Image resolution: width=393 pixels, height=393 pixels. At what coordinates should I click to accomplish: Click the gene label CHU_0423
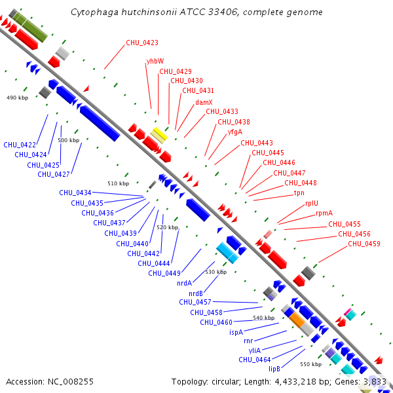click(142, 43)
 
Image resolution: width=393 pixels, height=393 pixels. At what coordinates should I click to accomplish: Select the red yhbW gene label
click(155, 61)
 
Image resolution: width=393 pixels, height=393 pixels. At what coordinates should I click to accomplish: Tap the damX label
click(204, 102)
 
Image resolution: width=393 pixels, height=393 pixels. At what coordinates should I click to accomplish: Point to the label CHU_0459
click(364, 244)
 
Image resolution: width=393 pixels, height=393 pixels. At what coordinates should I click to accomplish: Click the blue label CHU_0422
click(20, 145)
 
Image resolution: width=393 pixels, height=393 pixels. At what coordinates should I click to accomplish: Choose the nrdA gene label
click(184, 283)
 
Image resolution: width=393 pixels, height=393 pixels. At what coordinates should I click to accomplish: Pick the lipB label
click(274, 369)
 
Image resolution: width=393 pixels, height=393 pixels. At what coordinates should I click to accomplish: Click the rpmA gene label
click(324, 213)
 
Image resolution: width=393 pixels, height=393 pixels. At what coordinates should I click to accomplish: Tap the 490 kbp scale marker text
click(17, 98)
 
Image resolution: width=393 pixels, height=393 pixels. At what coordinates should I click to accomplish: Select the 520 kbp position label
click(167, 227)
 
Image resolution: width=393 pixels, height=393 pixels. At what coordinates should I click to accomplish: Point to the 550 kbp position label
click(310, 364)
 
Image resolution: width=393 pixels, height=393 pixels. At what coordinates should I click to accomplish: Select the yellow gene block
click(159, 136)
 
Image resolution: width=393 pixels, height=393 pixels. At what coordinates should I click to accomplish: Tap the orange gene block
click(297, 320)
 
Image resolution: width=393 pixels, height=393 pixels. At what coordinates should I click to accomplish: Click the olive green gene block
click(31, 27)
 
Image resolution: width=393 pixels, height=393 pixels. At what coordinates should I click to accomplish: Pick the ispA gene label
click(236, 332)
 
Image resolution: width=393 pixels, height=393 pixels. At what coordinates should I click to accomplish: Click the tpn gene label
click(299, 193)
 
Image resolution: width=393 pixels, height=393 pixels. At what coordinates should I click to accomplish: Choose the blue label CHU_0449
click(164, 273)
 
